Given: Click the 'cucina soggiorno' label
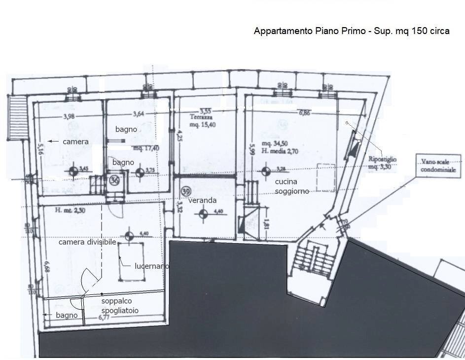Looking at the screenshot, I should click(292, 187).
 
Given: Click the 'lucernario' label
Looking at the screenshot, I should click(152, 266).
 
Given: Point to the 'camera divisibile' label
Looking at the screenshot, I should click(87, 242).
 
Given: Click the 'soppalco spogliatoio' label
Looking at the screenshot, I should click(120, 306).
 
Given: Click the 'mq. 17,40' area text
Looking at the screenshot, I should click(146, 147).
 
